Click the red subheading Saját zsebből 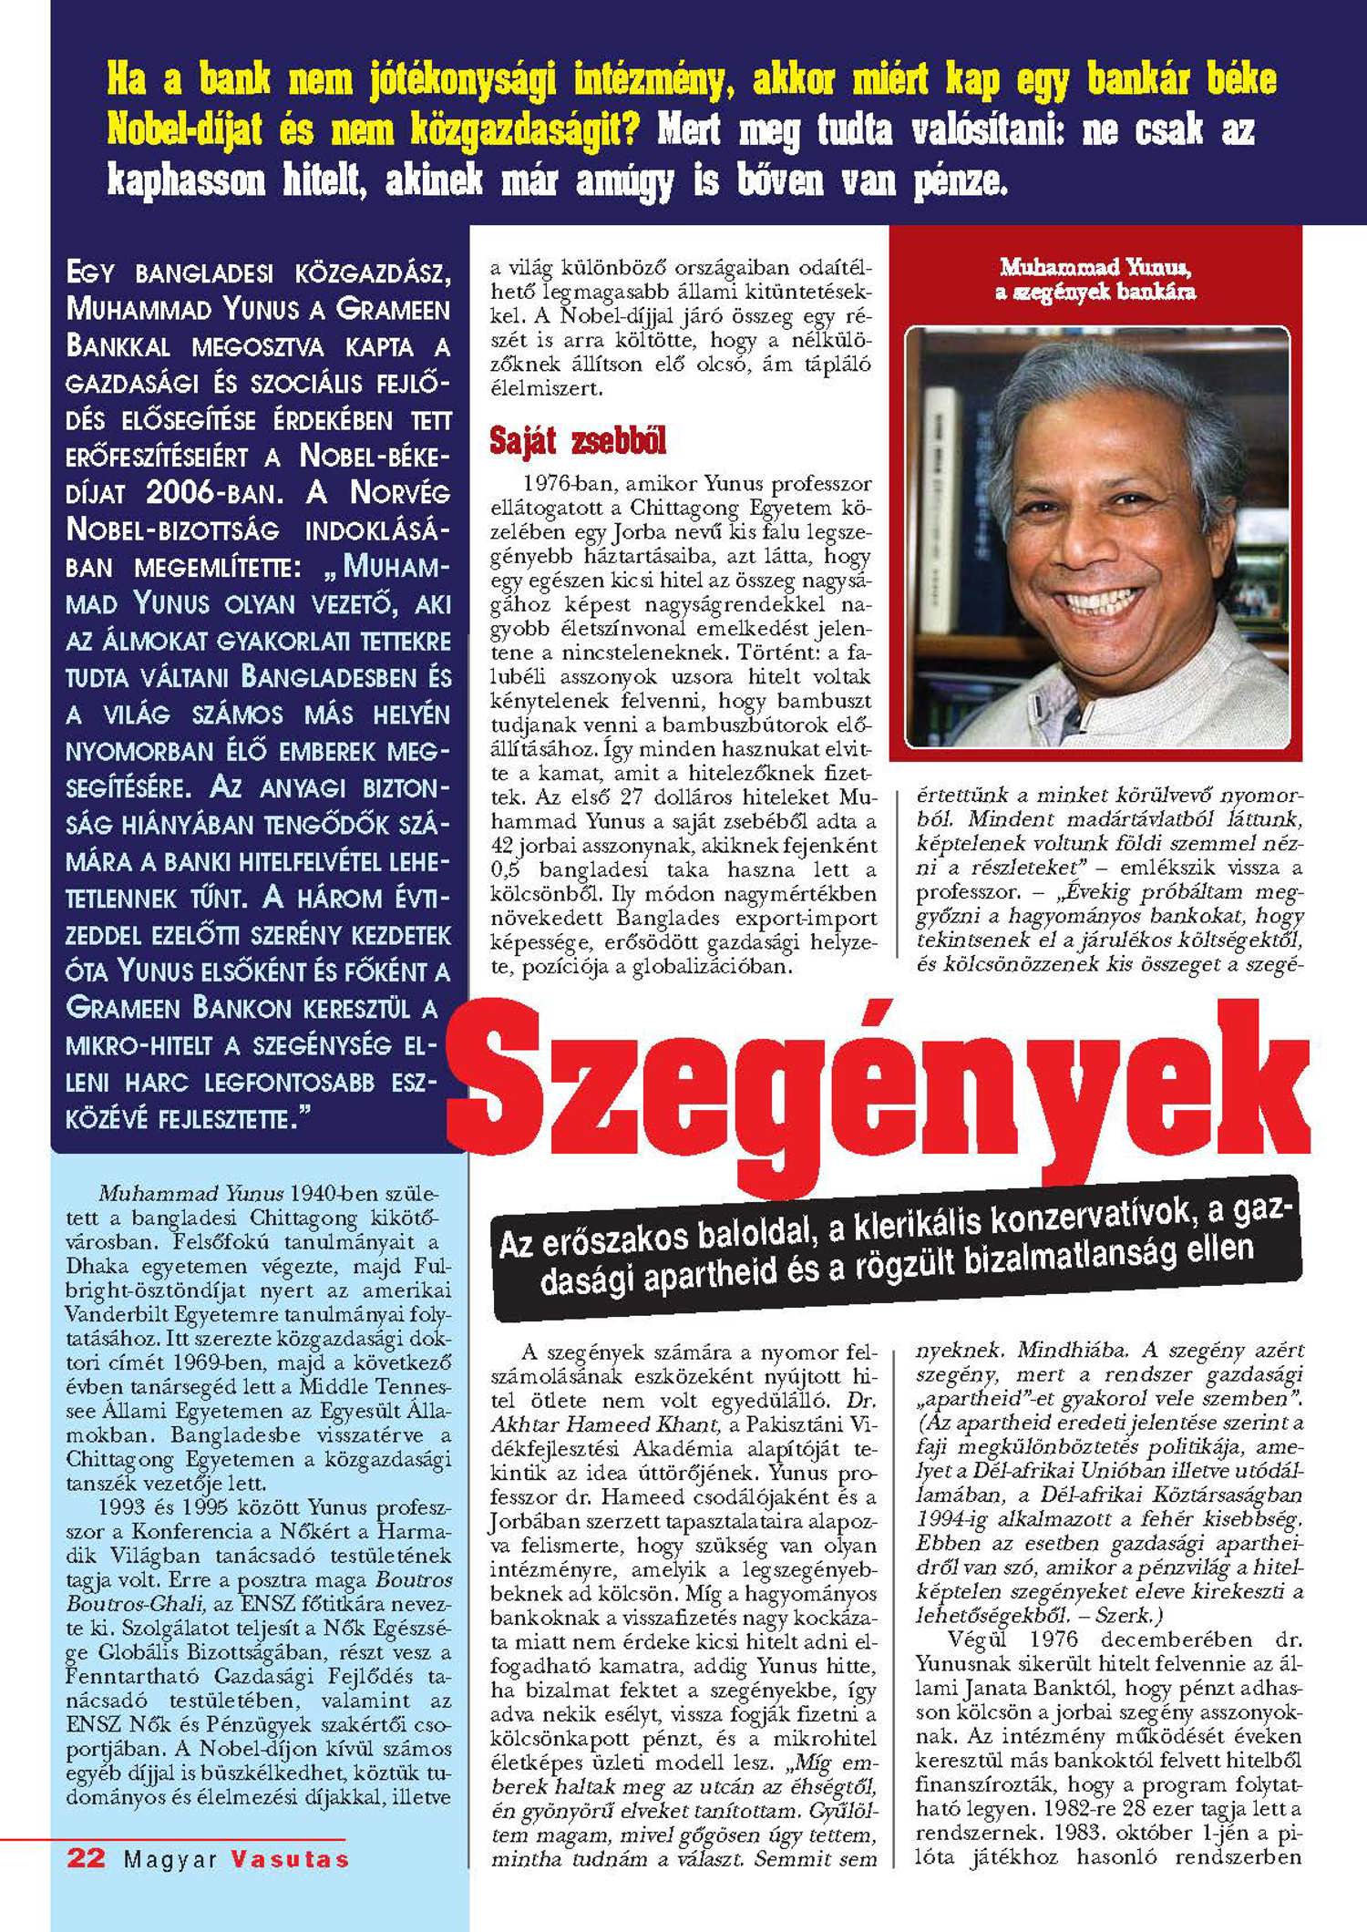click(x=578, y=441)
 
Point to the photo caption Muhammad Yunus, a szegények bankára click(x=1095, y=279)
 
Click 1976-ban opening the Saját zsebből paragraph click(x=569, y=483)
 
